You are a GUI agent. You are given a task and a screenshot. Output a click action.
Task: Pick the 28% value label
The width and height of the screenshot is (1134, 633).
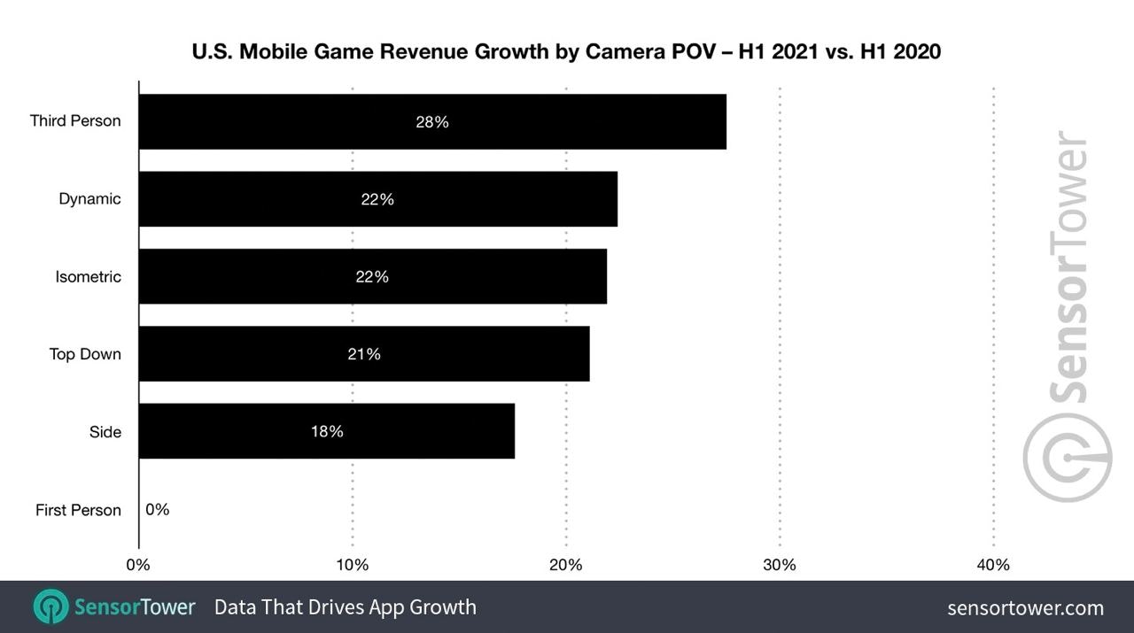pyautogui.click(x=432, y=122)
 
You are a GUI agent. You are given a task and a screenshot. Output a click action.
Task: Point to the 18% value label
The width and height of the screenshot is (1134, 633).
pyautogui.click(x=327, y=432)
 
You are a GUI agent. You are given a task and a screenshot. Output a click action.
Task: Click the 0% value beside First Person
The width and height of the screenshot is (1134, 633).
pyautogui.click(x=158, y=510)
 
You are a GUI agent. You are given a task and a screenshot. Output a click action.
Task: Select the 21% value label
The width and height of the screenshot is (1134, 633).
pyautogui.click(x=364, y=354)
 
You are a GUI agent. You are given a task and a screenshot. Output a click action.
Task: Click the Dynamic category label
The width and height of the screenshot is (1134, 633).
pyautogui.click(x=89, y=199)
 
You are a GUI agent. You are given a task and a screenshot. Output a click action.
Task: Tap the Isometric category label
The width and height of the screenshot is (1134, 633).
pyautogui.click(x=88, y=277)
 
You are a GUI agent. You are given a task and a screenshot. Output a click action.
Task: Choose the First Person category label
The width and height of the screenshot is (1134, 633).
pyautogui.click(x=78, y=510)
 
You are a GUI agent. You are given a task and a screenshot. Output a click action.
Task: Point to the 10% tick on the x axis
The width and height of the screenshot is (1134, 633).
pyautogui.click(x=353, y=565)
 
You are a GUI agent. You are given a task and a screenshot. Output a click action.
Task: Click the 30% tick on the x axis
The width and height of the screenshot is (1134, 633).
pyautogui.click(x=780, y=565)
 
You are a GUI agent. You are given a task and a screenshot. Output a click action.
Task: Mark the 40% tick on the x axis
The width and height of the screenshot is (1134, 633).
pyautogui.click(x=993, y=565)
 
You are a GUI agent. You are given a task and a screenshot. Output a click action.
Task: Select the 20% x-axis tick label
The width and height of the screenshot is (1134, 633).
pyautogui.click(x=566, y=565)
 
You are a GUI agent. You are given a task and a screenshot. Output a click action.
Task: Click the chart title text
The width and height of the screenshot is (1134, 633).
pyautogui.click(x=566, y=52)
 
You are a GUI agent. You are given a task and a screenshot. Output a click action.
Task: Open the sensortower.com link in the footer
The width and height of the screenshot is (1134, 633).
pyautogui.click(x=1025, y=607)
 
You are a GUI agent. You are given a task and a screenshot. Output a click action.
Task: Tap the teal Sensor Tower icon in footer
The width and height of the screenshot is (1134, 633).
pyautogui.click(x=50, y=606)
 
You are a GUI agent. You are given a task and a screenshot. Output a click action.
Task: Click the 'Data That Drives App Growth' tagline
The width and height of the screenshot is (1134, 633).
pyautogui.click(x=346, y=607)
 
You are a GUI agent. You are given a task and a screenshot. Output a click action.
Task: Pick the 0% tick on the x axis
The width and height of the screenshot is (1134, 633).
pyautogui.click(x=138, y=565)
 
